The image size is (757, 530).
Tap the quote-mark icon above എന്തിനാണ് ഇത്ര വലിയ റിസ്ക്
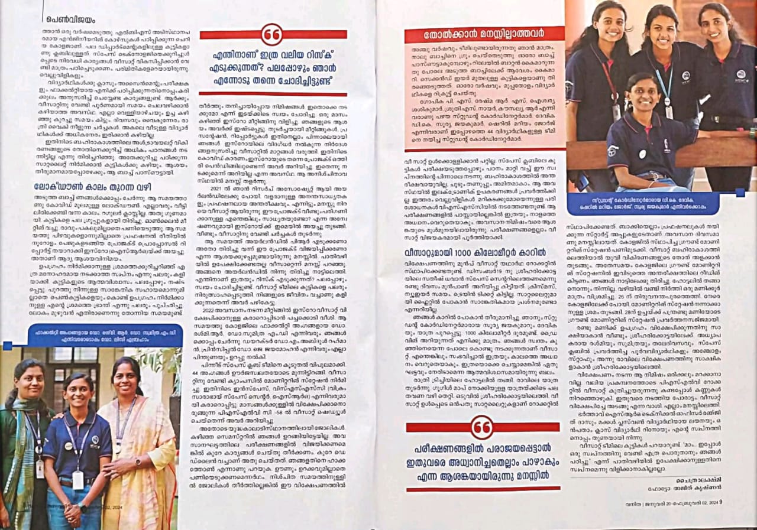[x=273, y=34]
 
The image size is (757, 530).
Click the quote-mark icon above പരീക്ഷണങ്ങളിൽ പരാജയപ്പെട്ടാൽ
[x=482, y=427]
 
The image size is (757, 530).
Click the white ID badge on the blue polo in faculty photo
[x=78, y=480]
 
